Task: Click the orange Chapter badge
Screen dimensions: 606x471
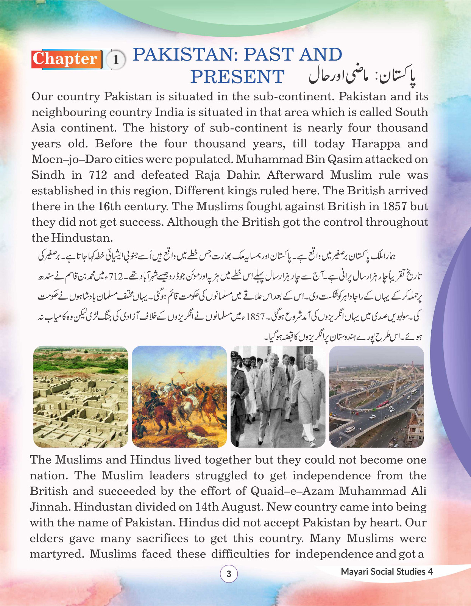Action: pos(67,59)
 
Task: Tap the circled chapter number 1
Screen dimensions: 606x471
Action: pos(116,60)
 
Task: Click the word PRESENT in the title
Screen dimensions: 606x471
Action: pos(237,77)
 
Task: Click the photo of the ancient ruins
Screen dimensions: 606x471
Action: pos(81,397)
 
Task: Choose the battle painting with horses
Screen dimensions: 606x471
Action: pos(179,397)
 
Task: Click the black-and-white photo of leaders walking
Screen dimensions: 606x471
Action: pos(278,397)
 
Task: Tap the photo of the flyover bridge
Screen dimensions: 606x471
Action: pos(377,397)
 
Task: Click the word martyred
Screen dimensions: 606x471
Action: pos(57,554)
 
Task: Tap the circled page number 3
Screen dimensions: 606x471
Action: pos(229,574)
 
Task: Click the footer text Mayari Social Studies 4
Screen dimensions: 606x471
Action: pos(387,572)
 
